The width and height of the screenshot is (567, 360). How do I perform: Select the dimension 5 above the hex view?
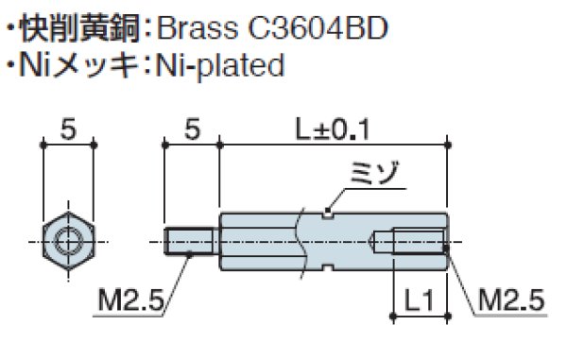click(69, 128)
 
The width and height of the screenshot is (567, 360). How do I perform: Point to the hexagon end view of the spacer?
click(69, 242)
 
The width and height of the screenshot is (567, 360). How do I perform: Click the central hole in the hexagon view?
click(69, 242)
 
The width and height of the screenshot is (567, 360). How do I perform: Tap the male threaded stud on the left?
click(193, 242)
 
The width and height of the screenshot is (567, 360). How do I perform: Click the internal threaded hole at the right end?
click(411, 242)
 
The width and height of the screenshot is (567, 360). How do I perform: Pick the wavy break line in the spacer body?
click(301, 242)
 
